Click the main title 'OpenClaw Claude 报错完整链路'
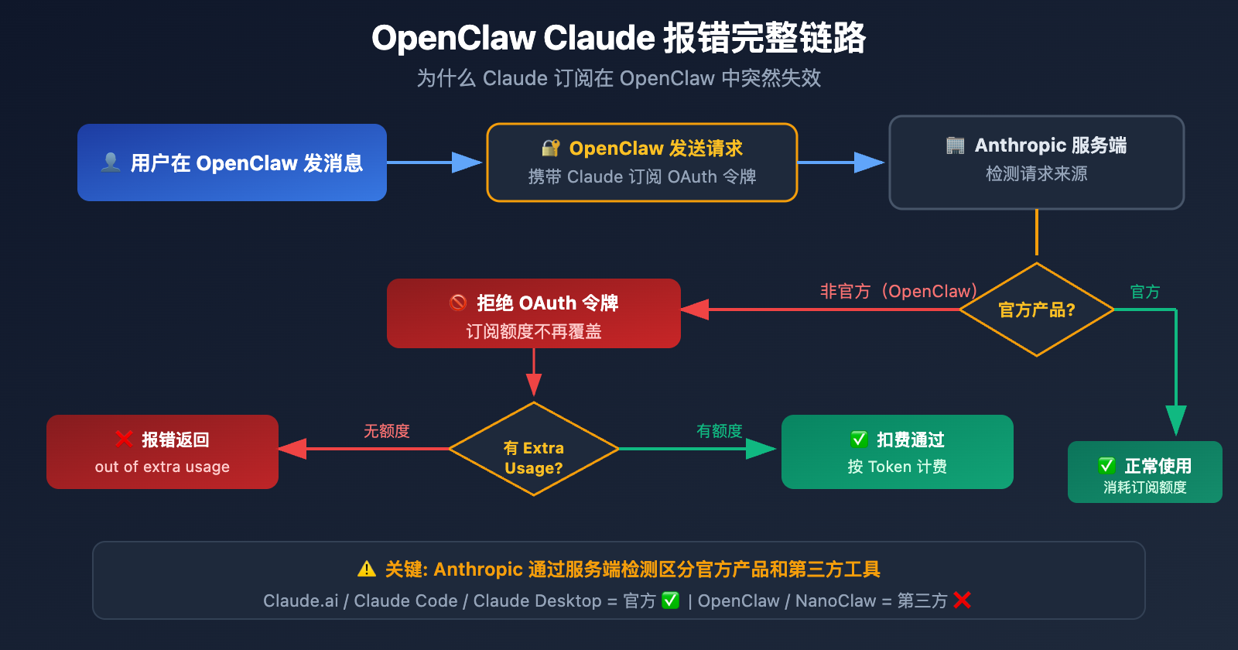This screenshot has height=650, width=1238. (618, 38)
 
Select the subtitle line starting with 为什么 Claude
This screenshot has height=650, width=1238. (618, 78)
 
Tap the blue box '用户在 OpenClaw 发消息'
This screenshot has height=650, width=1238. (232, 162)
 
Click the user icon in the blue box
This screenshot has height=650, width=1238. (111, 162)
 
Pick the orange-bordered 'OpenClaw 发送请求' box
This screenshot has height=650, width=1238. (641, 162)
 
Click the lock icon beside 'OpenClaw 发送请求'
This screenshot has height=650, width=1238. (550, 148)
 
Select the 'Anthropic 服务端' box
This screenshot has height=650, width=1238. (1036, 162)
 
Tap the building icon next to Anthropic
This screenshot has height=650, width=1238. (955, 145)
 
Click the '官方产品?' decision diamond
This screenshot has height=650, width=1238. (1036, 310)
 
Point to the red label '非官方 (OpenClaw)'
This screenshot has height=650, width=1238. (898, 292)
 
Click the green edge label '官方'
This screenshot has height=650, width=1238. (1144, 292)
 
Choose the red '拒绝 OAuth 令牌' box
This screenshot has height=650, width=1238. (533, 313)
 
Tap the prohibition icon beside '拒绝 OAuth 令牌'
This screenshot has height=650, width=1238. (458, 303)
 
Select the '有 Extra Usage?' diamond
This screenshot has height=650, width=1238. (533, 449)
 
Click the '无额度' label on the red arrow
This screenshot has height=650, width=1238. (386, 431)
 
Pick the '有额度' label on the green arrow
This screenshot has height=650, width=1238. (719, 431)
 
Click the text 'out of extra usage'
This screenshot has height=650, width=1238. (162, 467)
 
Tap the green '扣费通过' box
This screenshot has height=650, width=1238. (897, 452)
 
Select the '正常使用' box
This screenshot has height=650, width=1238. (1144, 472)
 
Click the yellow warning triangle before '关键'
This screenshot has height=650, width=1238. (367, 570)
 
